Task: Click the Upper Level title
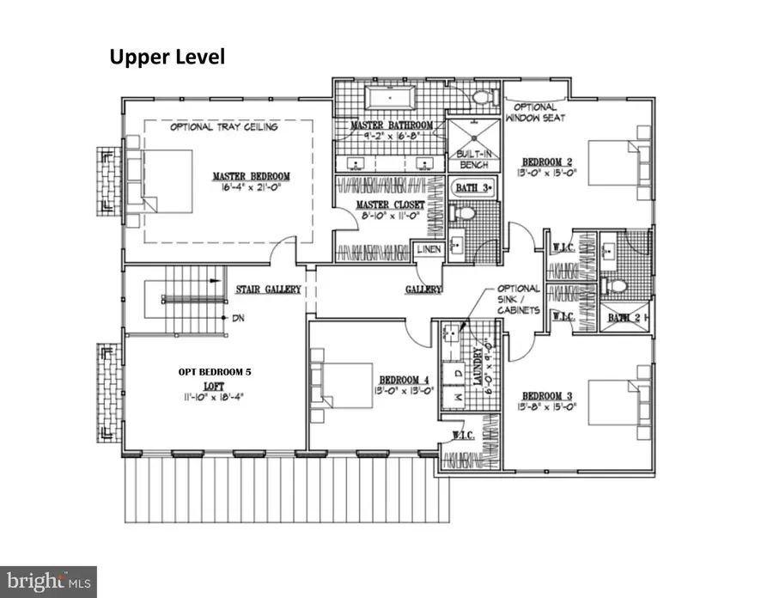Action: pos(167,58)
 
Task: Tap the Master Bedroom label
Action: pos(252,177)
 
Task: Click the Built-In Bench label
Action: pos(473,159)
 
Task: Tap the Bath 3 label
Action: pos(472,186)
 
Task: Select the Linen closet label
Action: pos(429,249)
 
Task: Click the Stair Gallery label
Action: pos(269,290)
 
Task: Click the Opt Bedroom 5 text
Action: pos(216,372)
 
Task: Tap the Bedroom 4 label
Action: pos(401,380)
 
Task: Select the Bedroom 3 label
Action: pos(551,397)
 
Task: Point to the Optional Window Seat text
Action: pos(534,112)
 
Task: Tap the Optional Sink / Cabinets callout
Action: pos(517,299)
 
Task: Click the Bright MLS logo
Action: pos(49,580)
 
